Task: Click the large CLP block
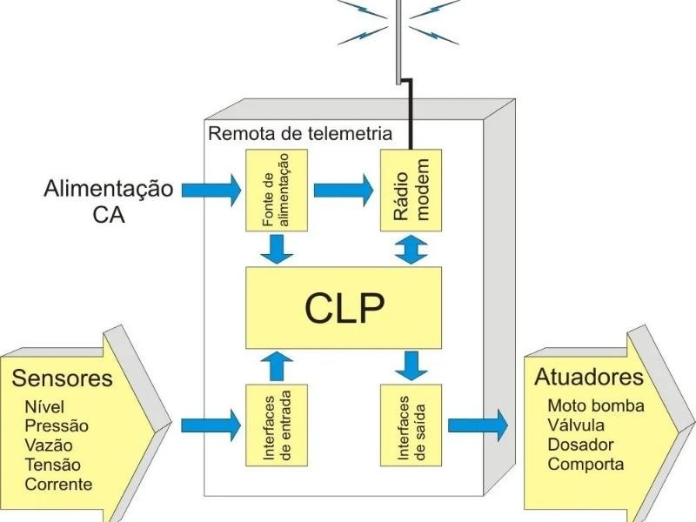pyautogui.click(x=344, y=308)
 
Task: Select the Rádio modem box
pyautogui.click(x=411, y=190)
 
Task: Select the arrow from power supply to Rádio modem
pyautogui.click(x=343, y=189)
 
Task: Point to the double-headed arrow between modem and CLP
pyautogui.click(x=411, y=249)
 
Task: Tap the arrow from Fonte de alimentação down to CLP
pyautogui.click(x=276, y=249)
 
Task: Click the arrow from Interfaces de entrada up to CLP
pyautogui.click(x=276, y=366)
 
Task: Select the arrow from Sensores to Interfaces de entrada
pyautogui.click(x=210, y=425)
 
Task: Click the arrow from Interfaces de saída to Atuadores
pyautogui.click(x=477, y=425)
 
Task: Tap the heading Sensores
pyautogui.click(x=62, y=378)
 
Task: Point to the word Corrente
pyautogui.click(x=58, y=484)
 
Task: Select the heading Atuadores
pyautogui.click(x=588, y=377)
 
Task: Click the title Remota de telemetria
pyautogui.click(x=299, y=134)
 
